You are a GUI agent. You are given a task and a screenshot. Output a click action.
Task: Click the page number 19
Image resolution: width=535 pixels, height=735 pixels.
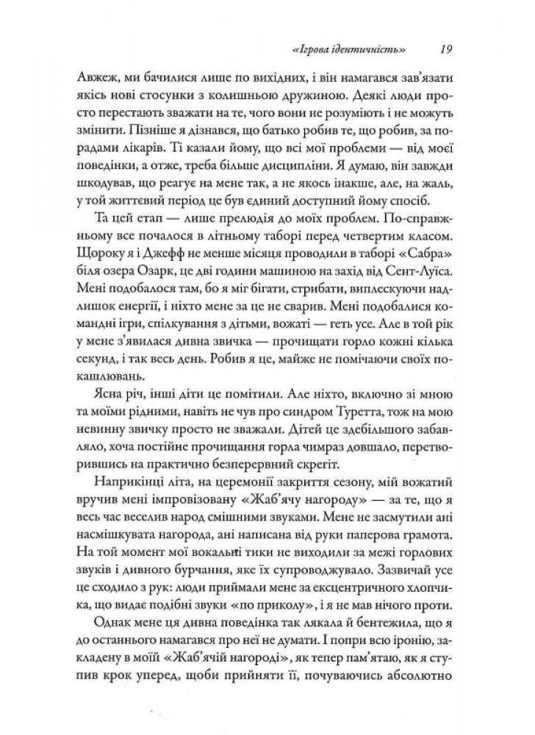coord(443,50)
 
